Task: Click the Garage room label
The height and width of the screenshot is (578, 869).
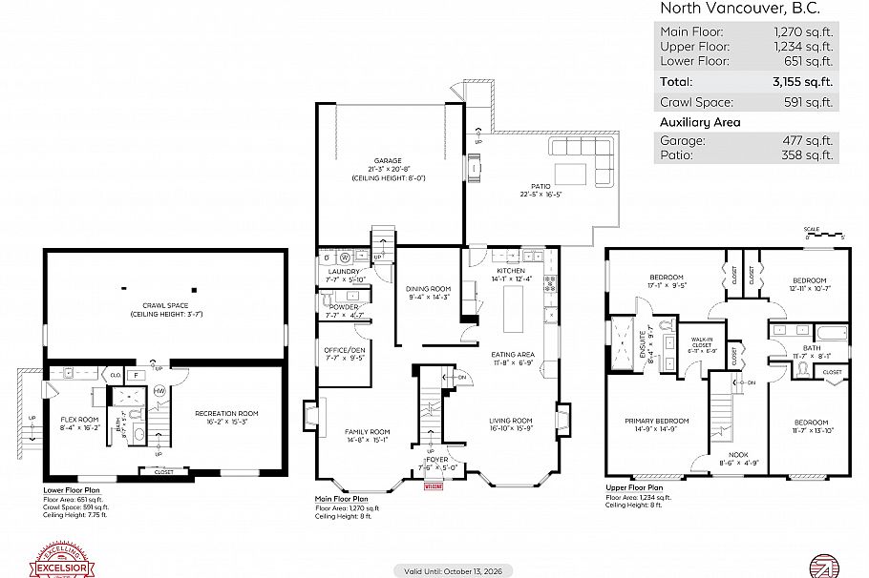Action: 388,161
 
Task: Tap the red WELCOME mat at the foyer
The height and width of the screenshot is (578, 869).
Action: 434,485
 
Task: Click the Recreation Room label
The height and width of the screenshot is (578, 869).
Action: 226,414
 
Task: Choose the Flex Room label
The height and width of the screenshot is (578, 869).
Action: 80,420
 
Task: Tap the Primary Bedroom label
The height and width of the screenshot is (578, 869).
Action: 657,421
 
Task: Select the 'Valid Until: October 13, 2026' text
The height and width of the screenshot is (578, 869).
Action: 454,570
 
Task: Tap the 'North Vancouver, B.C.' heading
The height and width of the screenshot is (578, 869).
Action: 740,9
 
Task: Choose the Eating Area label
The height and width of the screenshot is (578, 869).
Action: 513,355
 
